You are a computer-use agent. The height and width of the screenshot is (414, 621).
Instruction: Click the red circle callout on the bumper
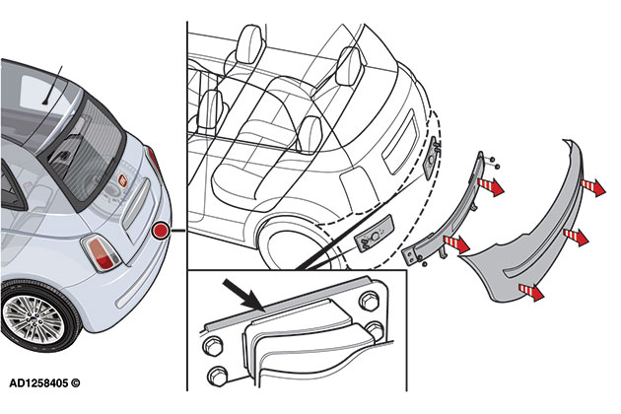click(x=162, y=232)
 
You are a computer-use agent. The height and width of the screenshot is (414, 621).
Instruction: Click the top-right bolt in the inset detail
click(x=373, y=301)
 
